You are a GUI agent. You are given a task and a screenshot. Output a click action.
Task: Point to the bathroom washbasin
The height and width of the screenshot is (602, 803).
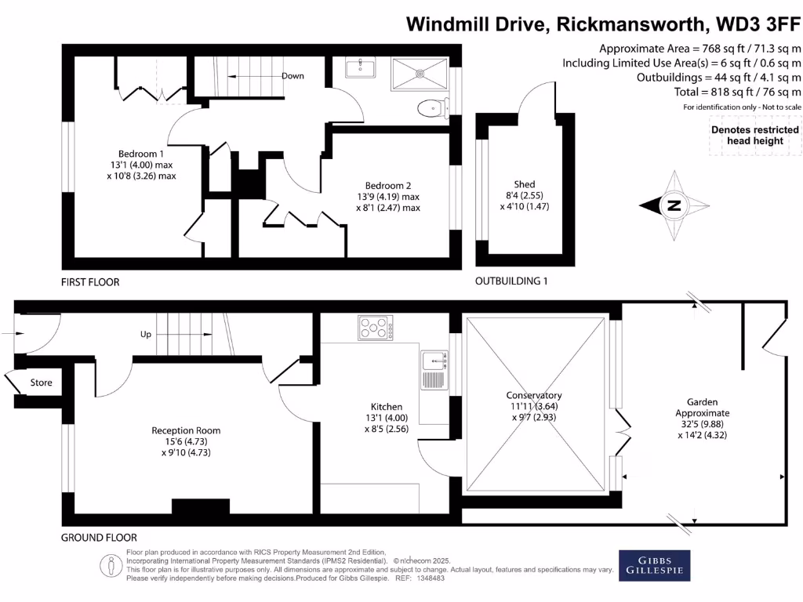(x=361, y=70)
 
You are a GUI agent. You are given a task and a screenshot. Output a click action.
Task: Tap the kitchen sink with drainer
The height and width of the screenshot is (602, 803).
(x=433, y=371)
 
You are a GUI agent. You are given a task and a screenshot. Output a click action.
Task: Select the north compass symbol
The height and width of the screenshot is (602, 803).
(x=674, y=206)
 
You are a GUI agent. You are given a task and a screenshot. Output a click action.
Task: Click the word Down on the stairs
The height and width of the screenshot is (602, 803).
(x=292, y=76)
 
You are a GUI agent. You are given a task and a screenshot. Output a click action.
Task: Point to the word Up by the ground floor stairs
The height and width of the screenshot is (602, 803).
(x=146, y=335)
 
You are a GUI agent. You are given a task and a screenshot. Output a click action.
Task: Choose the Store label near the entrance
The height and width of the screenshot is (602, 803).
(x=42, y=383)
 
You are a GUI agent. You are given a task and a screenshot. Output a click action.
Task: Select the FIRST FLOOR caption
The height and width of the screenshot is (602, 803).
(x=90, y=281)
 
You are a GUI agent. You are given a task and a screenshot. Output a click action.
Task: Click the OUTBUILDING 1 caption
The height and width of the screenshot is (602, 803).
(x=511, y=281)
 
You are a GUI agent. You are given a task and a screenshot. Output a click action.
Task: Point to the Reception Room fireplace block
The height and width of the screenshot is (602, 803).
(x=201, y=506)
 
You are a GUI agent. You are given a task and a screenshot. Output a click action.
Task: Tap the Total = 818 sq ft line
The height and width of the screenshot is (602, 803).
(x=738, y=92)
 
